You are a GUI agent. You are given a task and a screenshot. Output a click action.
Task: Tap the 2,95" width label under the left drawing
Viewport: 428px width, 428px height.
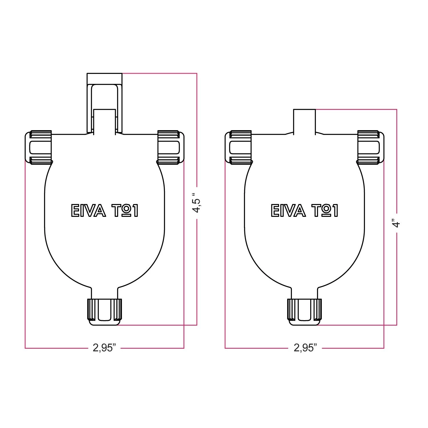(x=104, y=348)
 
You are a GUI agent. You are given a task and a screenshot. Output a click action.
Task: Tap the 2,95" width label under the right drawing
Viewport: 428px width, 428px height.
(x=305, y=348)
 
